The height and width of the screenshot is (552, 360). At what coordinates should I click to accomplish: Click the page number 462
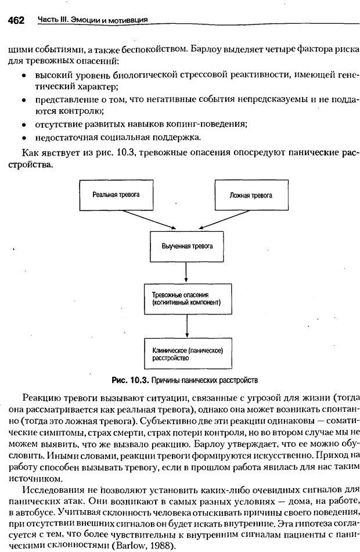tap(16, 21)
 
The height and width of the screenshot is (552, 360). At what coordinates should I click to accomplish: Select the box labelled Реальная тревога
tap(115, 196)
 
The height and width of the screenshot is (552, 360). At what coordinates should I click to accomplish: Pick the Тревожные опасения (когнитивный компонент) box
tap(185, 299)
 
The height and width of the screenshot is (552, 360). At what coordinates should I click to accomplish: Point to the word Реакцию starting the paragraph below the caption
tap(39, 397)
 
